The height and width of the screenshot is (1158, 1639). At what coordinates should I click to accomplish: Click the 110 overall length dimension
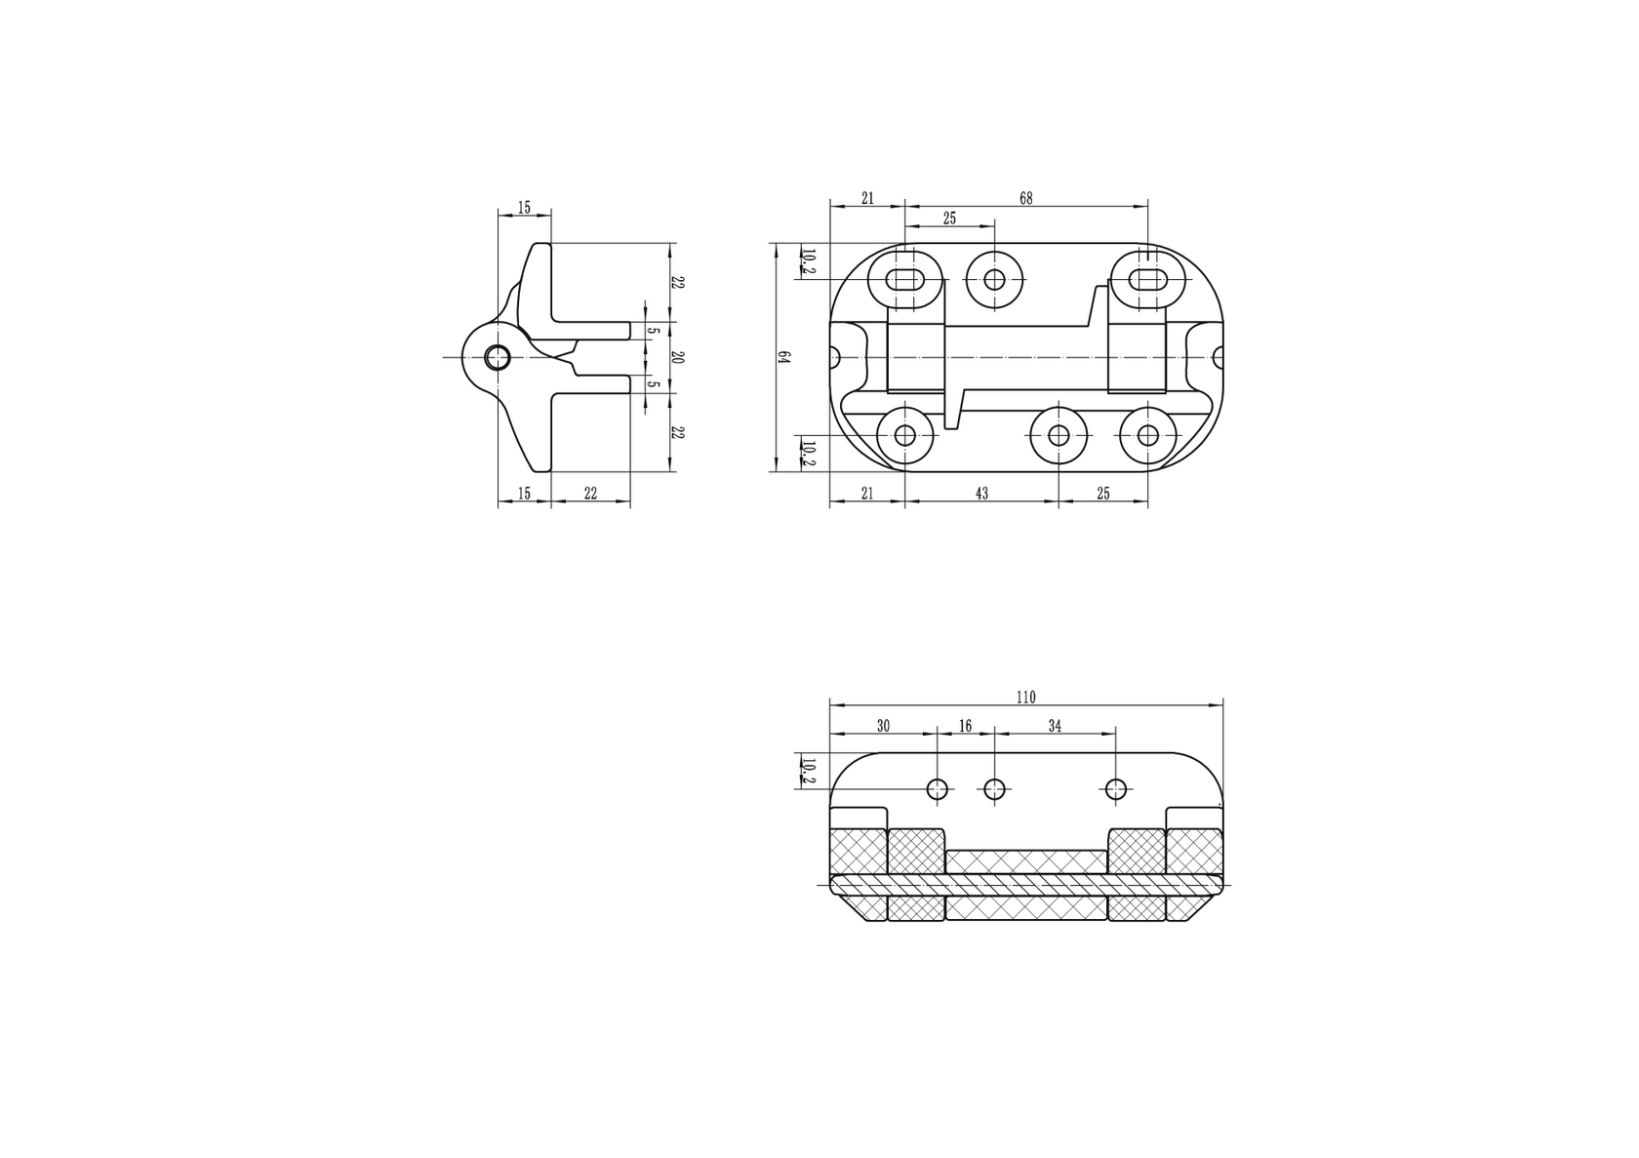click(x=1025, y=697)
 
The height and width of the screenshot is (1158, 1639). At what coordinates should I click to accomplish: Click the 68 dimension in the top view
click(x=1025, y=198)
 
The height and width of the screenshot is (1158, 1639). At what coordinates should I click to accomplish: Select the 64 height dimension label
click(x=782, y=357)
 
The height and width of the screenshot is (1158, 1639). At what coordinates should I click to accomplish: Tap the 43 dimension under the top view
click(x=981, y=494)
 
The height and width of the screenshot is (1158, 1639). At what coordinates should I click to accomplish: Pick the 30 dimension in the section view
click(x=883, y=726)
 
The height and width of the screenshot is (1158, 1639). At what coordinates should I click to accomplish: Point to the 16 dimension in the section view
click(x=965, y=726)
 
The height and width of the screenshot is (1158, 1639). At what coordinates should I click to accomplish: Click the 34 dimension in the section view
click(x=1055, y=726)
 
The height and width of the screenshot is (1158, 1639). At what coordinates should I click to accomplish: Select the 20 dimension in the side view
click(x=678, y=357)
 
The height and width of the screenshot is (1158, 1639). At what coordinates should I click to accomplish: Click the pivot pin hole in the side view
click(x=498, y=358)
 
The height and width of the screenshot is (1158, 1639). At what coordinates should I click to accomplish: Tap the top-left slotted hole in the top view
click(x=906, y=280)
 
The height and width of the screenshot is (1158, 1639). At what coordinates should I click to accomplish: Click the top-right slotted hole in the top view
click(x=1148, y=280)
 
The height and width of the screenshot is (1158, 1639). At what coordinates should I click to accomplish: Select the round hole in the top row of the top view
click(x=994, y=280)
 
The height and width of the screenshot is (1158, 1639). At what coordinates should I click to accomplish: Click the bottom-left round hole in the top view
click(x=905, y=435)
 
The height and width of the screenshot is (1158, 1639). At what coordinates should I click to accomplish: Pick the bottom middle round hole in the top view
click(x=1059, y=435)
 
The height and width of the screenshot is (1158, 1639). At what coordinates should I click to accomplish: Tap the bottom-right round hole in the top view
click(x=1147, y=435)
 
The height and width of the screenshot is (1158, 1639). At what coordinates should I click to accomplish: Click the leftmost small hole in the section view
click(x=938, y=789)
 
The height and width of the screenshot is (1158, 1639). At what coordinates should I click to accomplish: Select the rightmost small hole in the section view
click(x=1116, y=789)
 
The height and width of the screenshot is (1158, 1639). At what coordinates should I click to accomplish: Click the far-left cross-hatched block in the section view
click(x=857, y=852)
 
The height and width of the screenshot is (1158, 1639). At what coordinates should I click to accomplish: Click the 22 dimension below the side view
click(x=590, y=494)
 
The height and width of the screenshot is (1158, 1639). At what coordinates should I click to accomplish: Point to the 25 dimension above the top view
click(x=949, y=219)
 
